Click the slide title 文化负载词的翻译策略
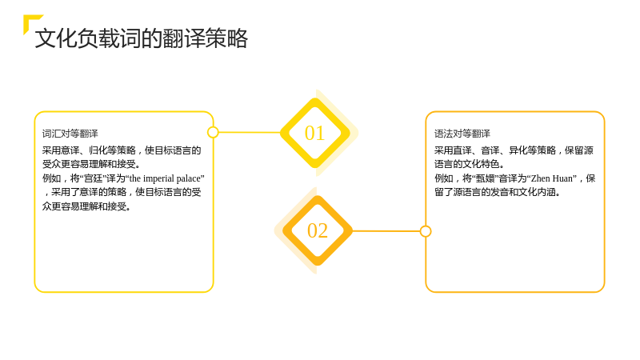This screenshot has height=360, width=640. (x=142, y=38)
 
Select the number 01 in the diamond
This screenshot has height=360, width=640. (x=314, y=133)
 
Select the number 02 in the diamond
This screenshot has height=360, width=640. (x=318, y=230)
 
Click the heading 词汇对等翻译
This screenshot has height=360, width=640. (x=70, y=134)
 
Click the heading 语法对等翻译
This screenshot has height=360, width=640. (x=462, y=134)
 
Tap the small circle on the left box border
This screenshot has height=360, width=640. (x=213, y=132)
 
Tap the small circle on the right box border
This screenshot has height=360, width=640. (x=426, y=231)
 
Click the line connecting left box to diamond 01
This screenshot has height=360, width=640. (x=250, y=132)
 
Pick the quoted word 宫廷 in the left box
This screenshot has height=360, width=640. (x=93, y=178)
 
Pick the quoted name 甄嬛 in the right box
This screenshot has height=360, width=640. (x=486, y=178)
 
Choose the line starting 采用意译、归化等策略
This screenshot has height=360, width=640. (x=122, y=150)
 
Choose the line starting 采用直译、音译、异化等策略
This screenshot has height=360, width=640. (x=514, y=150)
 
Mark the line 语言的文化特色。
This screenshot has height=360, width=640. (x=470, y=164)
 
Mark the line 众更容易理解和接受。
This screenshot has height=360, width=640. (x=86, y=206)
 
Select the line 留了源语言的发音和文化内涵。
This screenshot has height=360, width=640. (x=497, y=192)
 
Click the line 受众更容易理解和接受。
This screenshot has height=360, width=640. (x=91, y=164)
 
